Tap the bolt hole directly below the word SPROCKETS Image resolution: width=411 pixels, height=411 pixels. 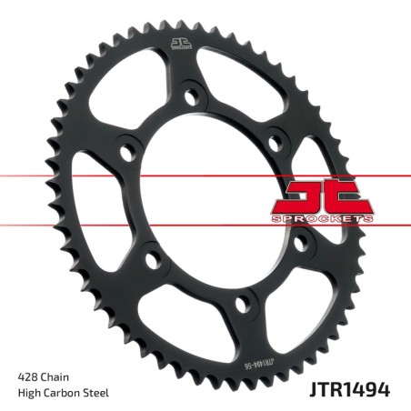click(300, 243)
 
